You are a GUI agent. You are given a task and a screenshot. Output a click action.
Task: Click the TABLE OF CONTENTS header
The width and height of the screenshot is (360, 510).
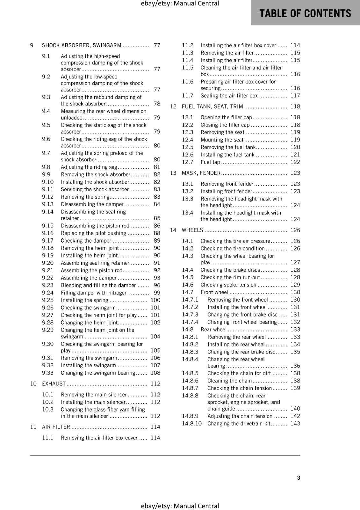[x=305, y=13]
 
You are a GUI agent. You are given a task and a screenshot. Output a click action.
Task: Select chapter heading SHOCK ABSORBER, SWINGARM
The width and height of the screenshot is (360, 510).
[x=82, y=46]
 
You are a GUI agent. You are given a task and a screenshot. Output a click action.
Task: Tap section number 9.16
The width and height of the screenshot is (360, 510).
[x=48, y=233]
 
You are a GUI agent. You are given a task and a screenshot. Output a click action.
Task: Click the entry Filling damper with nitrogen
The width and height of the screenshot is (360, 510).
[x=94, y=293]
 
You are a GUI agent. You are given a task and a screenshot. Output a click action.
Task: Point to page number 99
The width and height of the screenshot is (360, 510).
[x=157, y=293]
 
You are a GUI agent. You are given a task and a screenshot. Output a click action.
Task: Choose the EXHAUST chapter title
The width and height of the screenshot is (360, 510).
[x=54, y=384]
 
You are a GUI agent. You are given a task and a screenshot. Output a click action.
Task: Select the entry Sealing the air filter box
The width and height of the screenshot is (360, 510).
[x=229, y=96]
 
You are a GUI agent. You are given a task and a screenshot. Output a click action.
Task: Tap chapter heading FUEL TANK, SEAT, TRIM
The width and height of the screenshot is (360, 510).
[x=212, y=107]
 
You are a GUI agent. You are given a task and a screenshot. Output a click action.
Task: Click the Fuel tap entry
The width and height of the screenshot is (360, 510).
[x=210, y=162]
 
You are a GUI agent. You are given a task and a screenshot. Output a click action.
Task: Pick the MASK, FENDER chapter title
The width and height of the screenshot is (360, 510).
[x=201, y=173]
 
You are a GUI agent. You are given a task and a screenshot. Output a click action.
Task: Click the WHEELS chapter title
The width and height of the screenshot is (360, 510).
[x=192, y=230]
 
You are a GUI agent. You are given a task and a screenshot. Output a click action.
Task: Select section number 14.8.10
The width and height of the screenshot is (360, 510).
[x=192, y=424]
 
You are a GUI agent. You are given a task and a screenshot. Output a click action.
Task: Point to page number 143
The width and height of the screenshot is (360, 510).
[x=295, y=424]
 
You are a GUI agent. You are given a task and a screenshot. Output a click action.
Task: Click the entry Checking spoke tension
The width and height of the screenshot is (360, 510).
[x=228, y=285]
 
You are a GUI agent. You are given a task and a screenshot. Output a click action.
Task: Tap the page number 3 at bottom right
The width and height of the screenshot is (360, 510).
[x=299, y=478]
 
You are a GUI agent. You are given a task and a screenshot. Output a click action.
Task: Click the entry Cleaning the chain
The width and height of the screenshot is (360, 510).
[x=229, y=381]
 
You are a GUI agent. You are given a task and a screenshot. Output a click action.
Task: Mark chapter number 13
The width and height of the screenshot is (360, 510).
[x=173, y=173]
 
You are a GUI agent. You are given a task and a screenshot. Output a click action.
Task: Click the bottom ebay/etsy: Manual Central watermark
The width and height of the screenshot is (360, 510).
[x=180, y=506]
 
